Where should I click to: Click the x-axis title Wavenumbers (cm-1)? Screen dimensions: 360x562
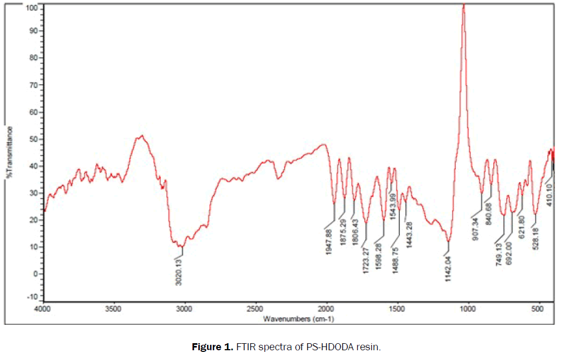(298, 319)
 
